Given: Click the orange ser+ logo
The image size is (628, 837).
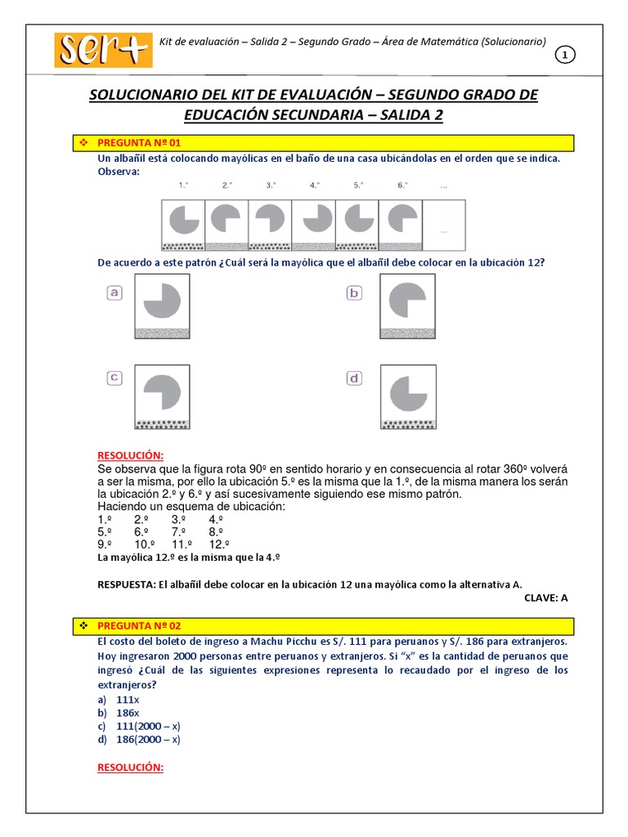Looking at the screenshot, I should (x=103, y=50).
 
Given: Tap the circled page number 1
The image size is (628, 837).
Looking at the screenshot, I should (x=566, y=55).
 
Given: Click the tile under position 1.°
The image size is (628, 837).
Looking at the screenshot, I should (x=183, y=225).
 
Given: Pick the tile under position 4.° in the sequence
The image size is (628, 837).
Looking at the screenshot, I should (x=313, y=225).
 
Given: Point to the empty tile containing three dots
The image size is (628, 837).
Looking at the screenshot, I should (x=443, y=225).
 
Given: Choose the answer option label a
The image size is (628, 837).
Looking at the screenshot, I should (x=114, y=293).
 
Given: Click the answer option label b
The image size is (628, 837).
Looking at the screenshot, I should (x=354, y=293).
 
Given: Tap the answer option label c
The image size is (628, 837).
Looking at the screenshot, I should (x=114, y=377).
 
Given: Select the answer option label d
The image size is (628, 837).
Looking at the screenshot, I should (x=354, y=378).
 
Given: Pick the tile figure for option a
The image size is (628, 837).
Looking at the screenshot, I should (x=162, y=306).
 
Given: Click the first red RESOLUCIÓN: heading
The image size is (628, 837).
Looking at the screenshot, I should (x=131, y=454).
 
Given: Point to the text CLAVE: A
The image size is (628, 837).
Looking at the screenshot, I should (x=545, y=598).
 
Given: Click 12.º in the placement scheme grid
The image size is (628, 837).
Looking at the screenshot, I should (x=218, y=544).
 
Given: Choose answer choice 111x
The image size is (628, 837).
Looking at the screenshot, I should (x=128, y=700).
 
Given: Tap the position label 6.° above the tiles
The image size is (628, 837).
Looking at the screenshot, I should (x=402, y=186).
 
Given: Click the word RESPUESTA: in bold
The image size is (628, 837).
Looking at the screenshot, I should (x=127, y=584).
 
